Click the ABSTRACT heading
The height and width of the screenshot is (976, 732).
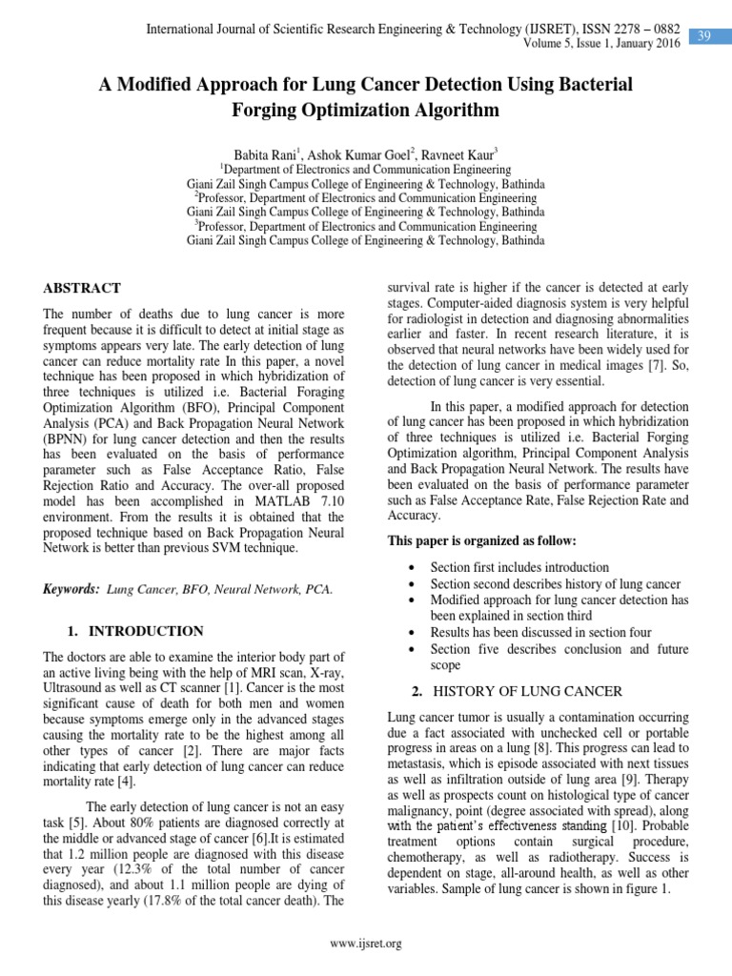coord(83,288)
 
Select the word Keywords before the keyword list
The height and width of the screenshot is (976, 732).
coord(71,590)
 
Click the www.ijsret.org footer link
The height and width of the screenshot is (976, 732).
coord(365,944)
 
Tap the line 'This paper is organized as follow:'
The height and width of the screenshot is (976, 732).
coord(481,541)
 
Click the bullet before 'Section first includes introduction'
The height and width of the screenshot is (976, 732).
coord(409,567)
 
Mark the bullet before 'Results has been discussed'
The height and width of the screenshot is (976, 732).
coord(409,632)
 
